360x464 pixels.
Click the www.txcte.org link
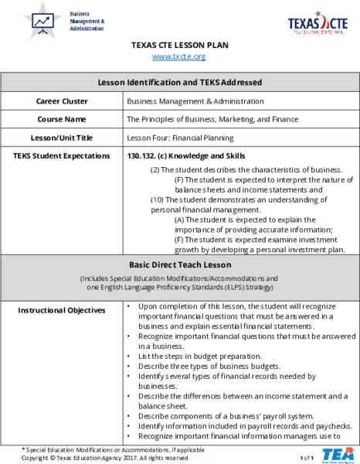pos(179,56)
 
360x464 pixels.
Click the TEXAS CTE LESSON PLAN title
pos(179,45)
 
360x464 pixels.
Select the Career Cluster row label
pos(62,101)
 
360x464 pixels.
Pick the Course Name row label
pos(62,119)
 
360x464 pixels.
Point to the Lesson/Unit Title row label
pos(62,138)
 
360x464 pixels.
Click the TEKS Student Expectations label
pos(62,155)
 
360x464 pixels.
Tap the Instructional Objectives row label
pos(62,310)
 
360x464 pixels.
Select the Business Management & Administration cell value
pos(195,101)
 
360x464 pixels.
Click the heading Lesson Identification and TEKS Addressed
pos(179,82)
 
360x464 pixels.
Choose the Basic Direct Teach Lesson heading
pos(179,264)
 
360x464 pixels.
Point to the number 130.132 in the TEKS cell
pos(142,155)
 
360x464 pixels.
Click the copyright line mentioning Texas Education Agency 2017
pos(105,458)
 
